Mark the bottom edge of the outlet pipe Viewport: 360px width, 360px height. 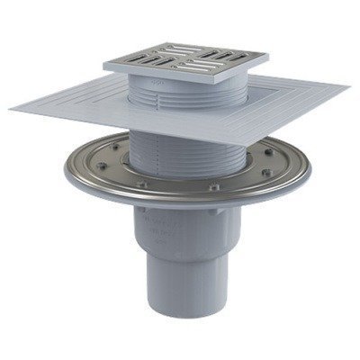(x=184, y=346)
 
